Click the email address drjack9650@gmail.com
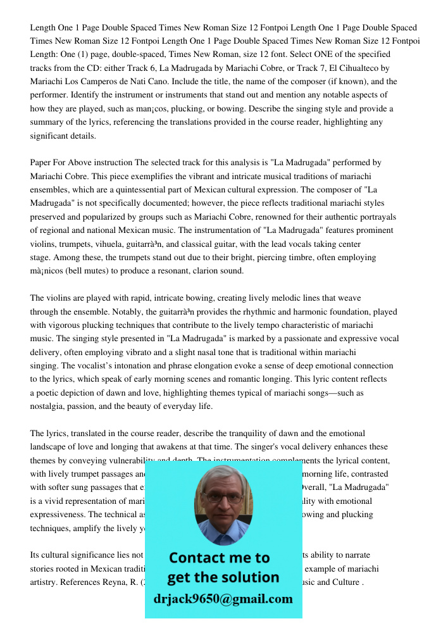point(223,599)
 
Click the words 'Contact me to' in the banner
point(219,558)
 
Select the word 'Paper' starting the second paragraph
point(41,163)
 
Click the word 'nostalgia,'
point(49,406)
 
